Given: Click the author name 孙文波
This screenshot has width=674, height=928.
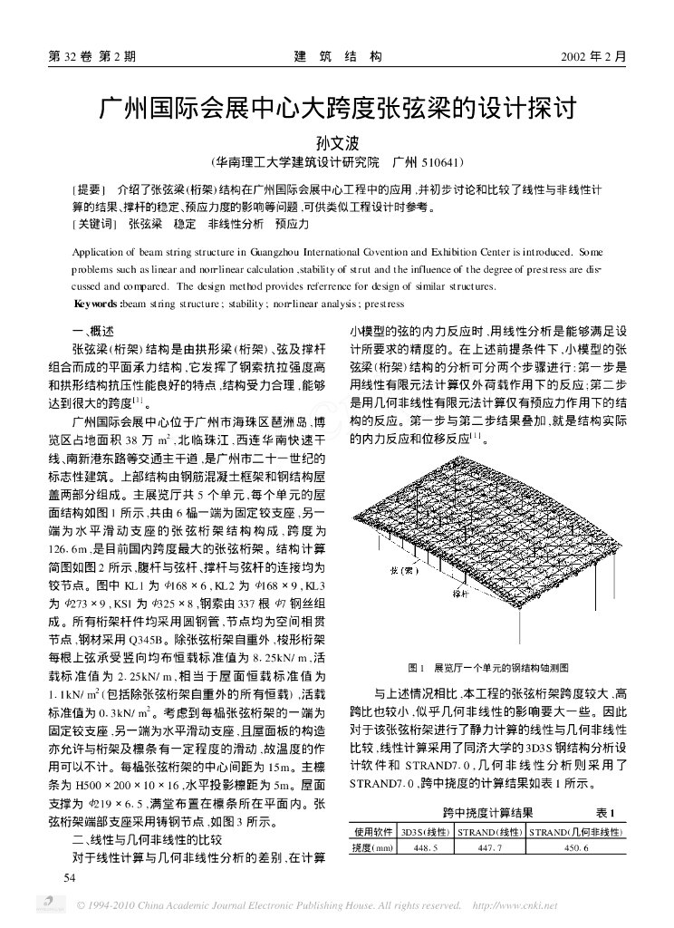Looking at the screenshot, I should [x=337, y=142].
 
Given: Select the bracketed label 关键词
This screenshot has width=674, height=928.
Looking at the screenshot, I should [x=93, y=222].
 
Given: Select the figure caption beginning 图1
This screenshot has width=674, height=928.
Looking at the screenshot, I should [x=488, y=667].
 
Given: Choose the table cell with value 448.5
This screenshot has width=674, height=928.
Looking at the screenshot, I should [x=425, y=847].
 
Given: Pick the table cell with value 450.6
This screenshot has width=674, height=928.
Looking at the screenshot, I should [x=576, y=847].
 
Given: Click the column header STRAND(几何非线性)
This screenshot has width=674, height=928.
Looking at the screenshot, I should [x=576, y=831].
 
